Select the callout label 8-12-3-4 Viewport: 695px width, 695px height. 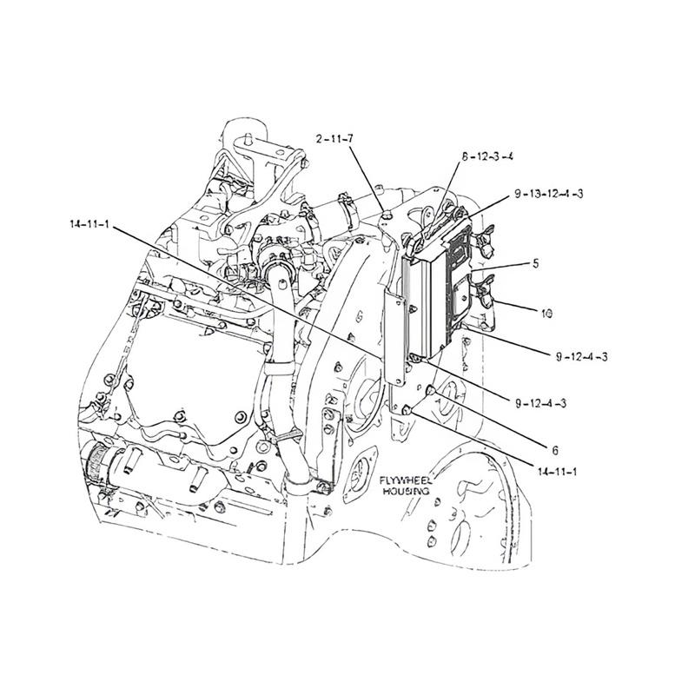click(487, 157)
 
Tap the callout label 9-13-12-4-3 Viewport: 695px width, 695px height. click(547, 193)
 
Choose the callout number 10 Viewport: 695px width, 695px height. click(546, 310)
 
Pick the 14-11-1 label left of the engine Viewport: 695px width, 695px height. click(89, 224)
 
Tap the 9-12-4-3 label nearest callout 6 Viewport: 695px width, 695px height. click(540, 403)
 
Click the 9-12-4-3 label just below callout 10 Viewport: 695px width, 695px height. click(580, 356)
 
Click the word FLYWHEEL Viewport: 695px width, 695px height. click(405, 480)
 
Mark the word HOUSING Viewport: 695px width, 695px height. click(406, 491)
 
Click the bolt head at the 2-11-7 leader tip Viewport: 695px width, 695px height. click(383, 207)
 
